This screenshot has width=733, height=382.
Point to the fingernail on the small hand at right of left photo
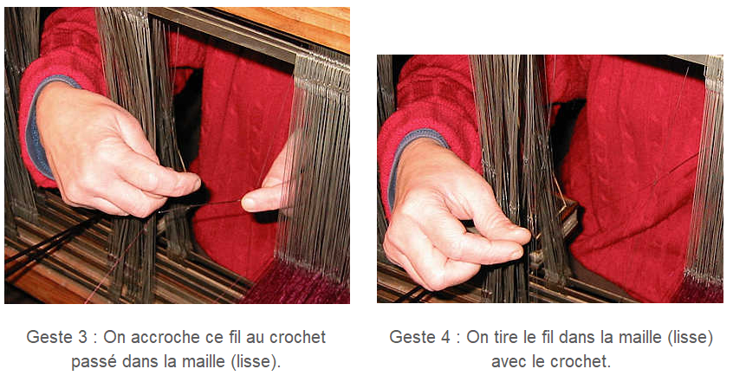(248, 204)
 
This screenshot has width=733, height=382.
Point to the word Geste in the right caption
(411, 337)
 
